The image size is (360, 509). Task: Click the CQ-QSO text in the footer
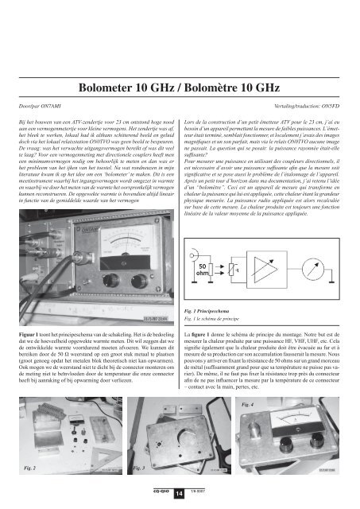(x=160, y=492)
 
